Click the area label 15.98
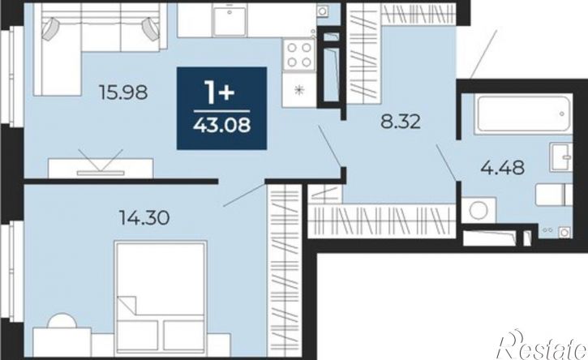coord(122,92)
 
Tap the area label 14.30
coord(144,217)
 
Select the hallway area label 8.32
coord(401,122)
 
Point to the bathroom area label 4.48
coord(503,167)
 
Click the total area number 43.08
coord(221,125)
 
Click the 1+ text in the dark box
coord(219,92)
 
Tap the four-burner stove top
coord(299,55)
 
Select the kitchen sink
coord(230,20)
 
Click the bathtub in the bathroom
coord(523,114)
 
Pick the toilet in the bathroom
coord(553,195)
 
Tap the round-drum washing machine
coord(479,210)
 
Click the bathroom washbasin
coord(561,156)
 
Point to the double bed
coord(161,298)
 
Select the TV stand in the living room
coord(101,168)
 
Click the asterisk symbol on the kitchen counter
coord(299,90)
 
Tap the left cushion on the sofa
coord(50,29)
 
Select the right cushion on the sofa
coord(151,29)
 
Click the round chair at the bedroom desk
coord(62,321)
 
